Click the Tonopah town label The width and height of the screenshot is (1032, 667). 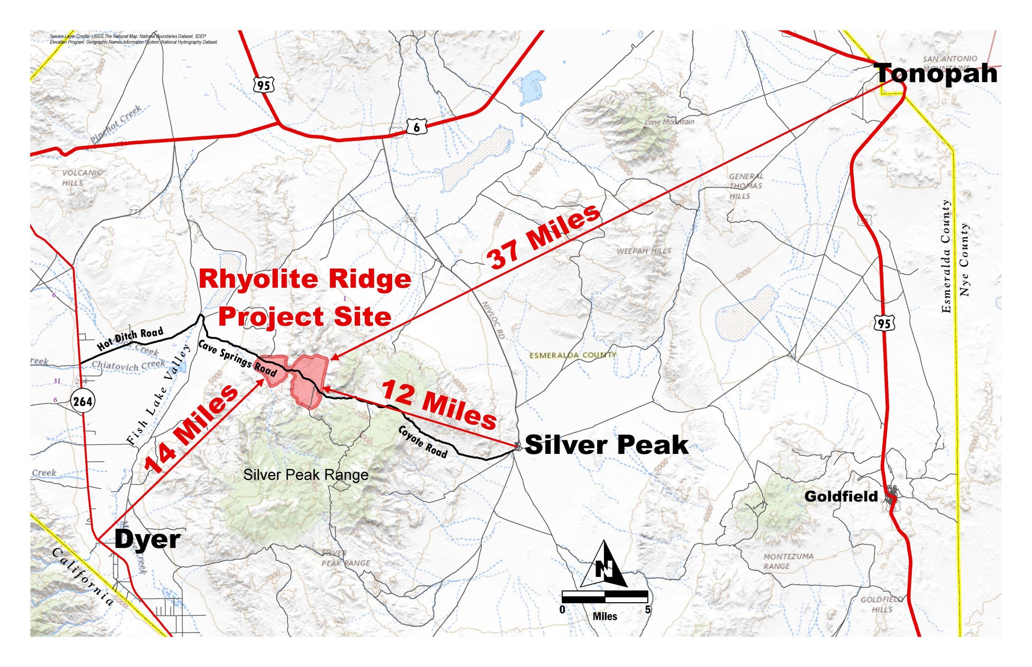click(x=936, y=74)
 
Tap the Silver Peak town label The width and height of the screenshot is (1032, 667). click(x=606, y=445)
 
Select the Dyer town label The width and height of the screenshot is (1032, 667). click(x=148, y=540)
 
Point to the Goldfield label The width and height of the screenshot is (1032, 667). click(x=841, y=496)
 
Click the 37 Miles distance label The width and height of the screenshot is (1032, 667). click(x=544, y=236)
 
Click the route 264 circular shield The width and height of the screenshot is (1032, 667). click(x=82, y=401)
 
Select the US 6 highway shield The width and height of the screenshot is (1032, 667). click(x=416, y=127)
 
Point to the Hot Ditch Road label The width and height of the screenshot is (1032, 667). click(x=130, y=339)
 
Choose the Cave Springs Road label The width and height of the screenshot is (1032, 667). click(x=237, y=358)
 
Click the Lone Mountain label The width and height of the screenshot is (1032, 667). click(x=669, y=122)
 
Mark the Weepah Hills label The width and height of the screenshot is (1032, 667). click(x=644, y=251)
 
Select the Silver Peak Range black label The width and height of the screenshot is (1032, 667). click(x=306, y=475)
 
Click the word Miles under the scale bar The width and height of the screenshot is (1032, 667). click(x=605, y=616)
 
